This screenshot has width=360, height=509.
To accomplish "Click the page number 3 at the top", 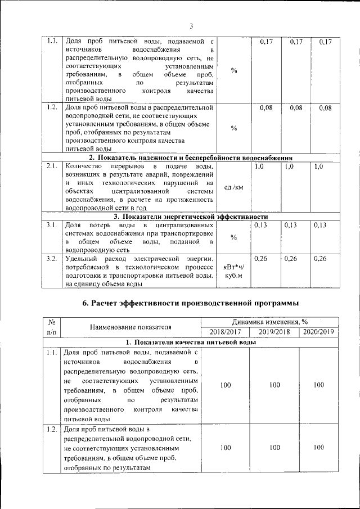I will [x=191, y=26].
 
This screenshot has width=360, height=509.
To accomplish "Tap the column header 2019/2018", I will [x=274, y=332].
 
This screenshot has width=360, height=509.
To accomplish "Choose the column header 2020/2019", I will [x=318, y=332].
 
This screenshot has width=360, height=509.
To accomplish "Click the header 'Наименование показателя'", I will [x=131, y=327].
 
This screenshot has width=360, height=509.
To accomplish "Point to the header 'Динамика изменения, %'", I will [x=269, y=321].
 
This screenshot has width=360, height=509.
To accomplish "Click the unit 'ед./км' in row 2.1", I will [x=233, y=187].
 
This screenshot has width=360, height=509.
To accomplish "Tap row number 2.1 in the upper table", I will [x=52, y=166].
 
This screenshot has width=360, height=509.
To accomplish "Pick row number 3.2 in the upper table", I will [x=52, y=258].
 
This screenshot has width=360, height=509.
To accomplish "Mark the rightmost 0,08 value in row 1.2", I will [x=325, y=108].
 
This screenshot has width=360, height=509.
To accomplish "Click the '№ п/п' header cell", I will [x=52, y=327].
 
